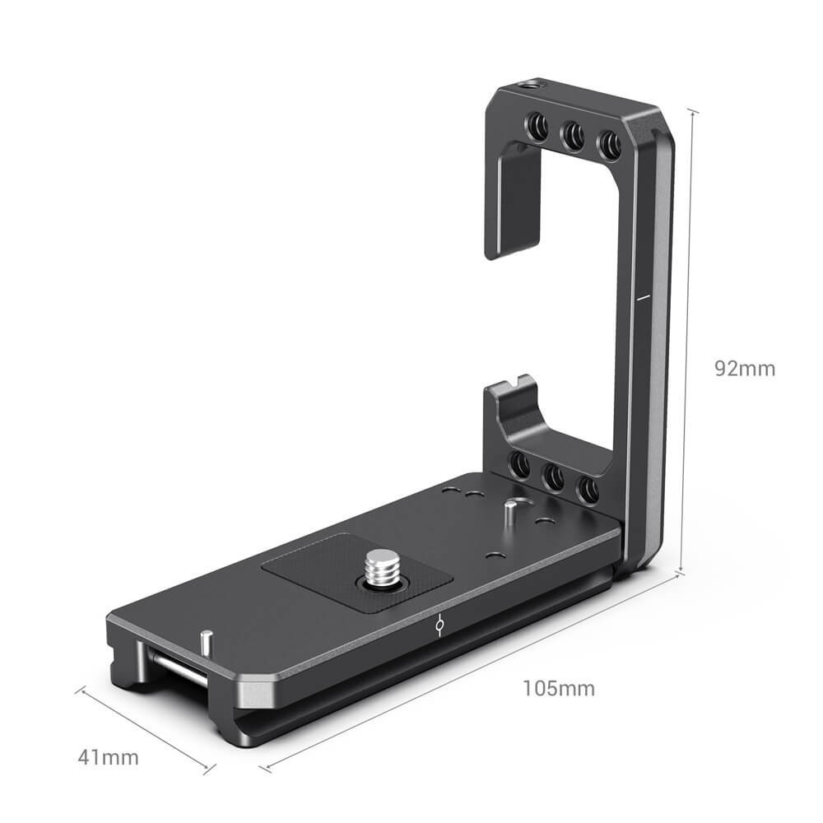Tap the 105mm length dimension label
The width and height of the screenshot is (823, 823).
tap(558, 687)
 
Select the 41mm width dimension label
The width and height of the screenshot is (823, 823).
tap(109, 757)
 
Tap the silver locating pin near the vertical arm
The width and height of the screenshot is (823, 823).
tap(511, 511)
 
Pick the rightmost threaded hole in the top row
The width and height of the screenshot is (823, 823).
tap(609, 146)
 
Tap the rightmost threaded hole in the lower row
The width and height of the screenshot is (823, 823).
tap(587, 491)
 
